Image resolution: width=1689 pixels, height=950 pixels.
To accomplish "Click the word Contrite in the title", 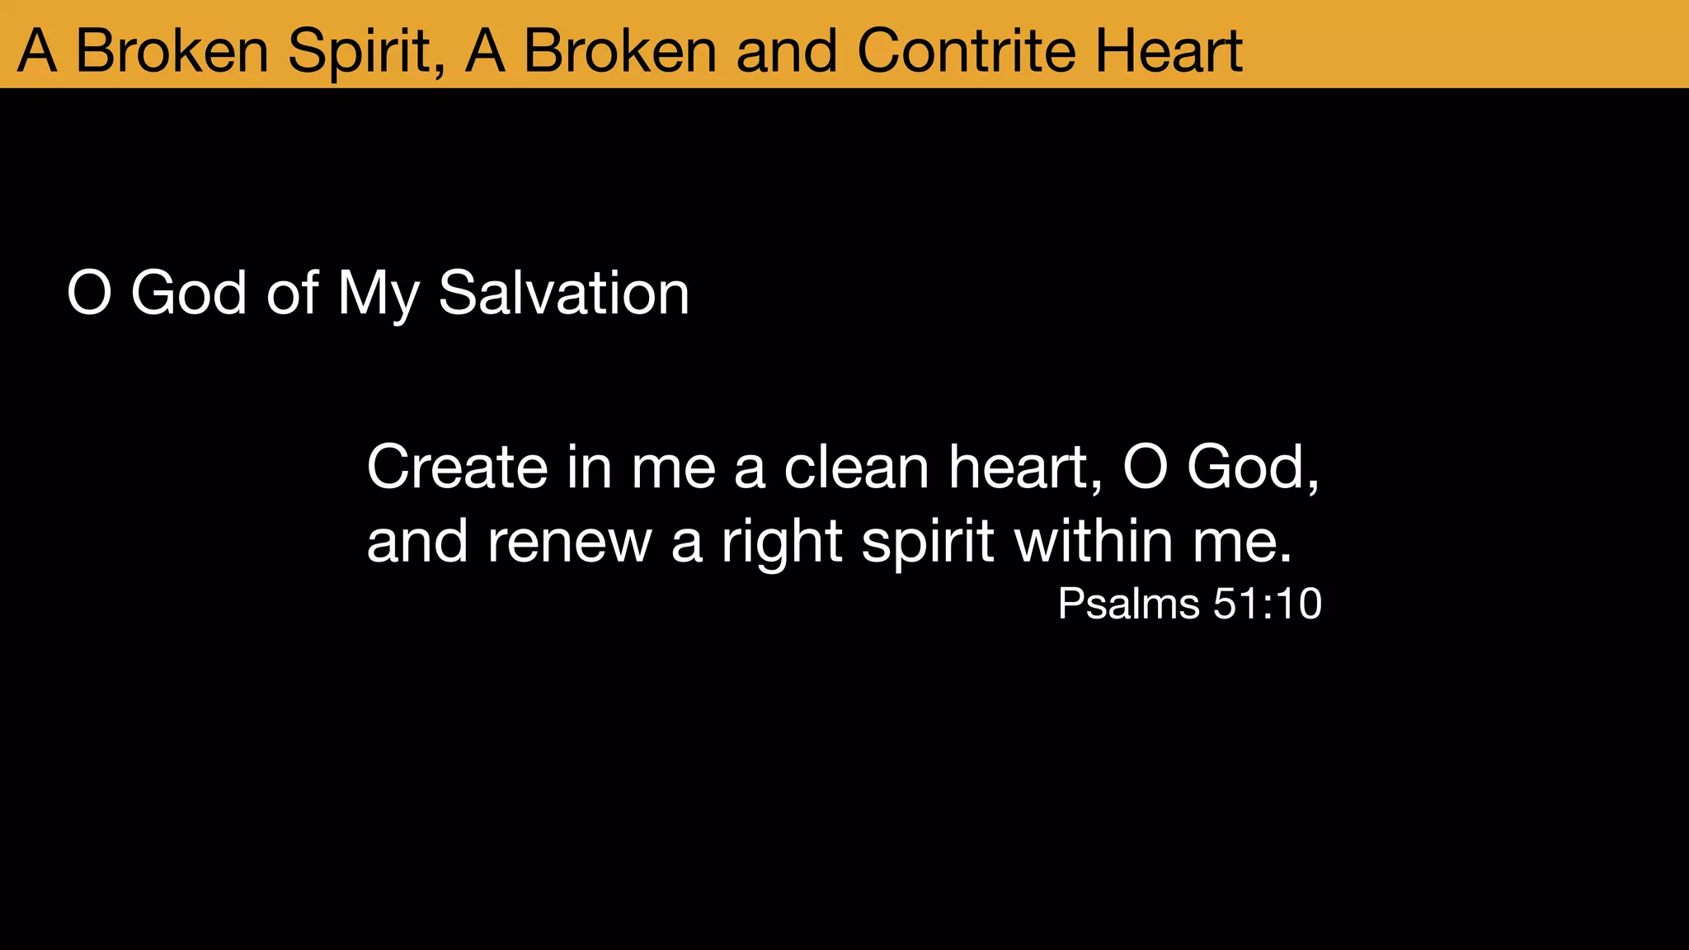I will (967, 51).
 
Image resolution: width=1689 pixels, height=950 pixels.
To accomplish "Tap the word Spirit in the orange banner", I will (366, 51).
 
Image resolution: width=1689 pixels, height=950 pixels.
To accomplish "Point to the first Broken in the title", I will (172, 51).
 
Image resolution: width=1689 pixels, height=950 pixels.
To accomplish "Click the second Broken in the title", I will (620, 51).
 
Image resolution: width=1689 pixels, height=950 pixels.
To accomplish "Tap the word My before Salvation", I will (379, 294).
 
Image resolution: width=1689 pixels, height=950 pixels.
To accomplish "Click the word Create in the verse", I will (457, 468).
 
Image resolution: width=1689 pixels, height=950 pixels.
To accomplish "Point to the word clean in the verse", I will (856, 468).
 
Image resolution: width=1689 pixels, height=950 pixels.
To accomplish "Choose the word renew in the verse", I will (569, 542).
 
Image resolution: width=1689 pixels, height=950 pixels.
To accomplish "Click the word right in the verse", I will (782, 543).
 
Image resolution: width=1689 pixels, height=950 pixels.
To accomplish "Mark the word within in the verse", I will (1094, 542).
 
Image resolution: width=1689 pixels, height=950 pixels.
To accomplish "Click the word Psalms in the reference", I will (1127, 604).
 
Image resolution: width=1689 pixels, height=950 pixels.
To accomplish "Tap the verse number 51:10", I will (1268, 604).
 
